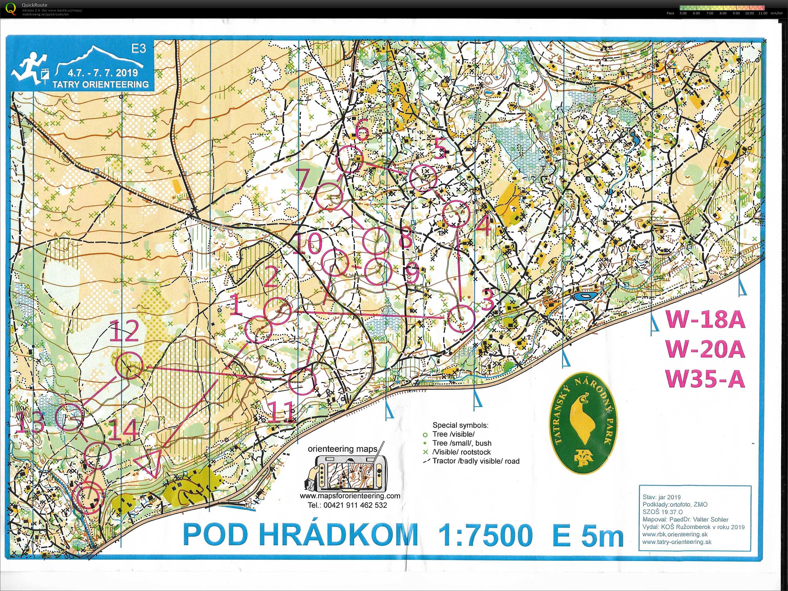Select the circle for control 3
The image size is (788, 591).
pyautogui.click(x=461, y=318)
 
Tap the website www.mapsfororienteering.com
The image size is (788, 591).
pyautogui.click(x=350, y=496)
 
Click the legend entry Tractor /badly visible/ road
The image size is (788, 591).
pyautogui.click(x=476, y=461)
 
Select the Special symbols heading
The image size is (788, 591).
pyautogui.click(x=460, y=425)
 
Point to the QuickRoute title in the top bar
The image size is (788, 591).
pyautogui.click(x=34, y=5)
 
